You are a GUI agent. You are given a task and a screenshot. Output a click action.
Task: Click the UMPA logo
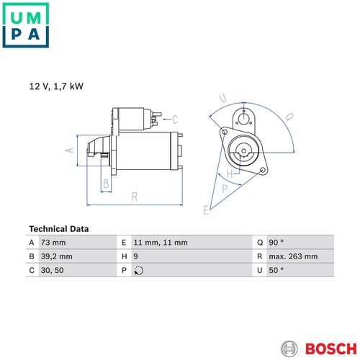pos(26,25)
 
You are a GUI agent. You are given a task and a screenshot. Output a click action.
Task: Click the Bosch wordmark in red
pos(331,348)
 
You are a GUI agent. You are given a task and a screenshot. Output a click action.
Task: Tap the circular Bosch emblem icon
pos(289,348)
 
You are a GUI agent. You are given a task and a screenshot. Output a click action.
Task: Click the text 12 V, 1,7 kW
pos(56,86)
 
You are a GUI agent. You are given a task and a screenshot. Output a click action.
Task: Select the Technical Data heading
pos(59,229)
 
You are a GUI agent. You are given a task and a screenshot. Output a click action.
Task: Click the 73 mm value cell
pos(53,243)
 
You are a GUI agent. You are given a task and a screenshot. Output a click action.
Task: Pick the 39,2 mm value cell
pos(56,256)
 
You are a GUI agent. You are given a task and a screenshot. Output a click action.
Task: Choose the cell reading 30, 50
pos(52,270)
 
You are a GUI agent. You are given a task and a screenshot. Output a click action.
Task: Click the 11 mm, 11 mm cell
pos(161,243)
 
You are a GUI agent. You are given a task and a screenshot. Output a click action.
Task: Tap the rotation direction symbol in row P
pos(139,271)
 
